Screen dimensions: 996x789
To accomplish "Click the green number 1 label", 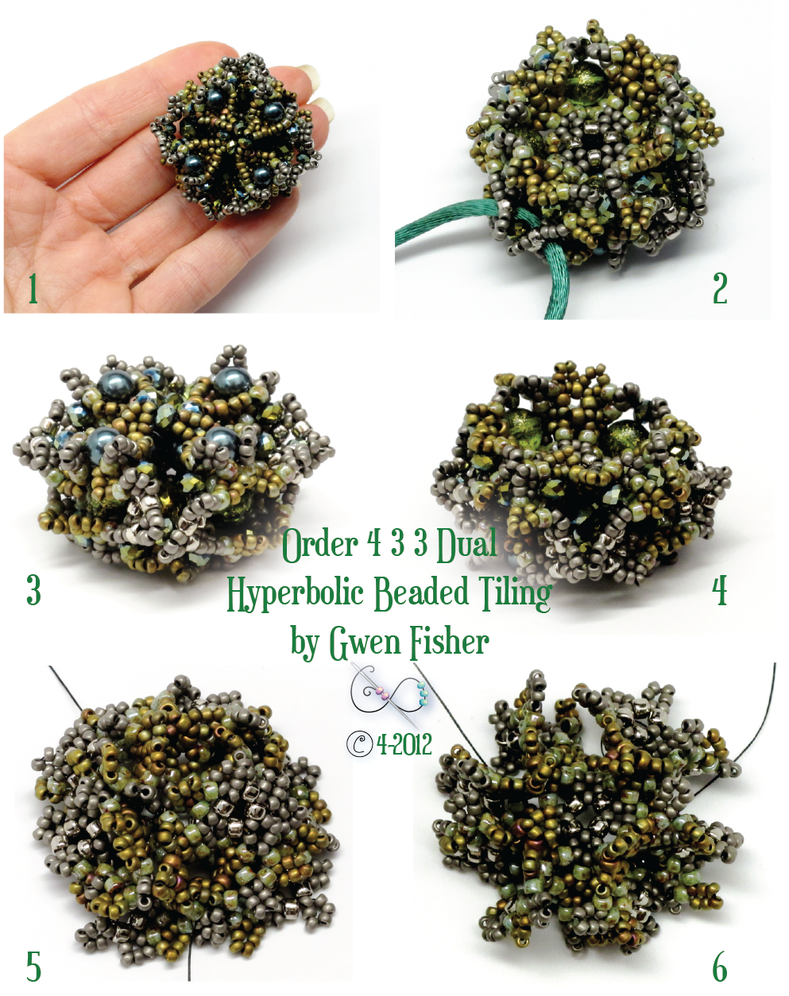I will tap(33, 288).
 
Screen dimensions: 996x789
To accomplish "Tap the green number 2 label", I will tap(720, 288).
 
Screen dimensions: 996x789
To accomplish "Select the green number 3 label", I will tap(33, 590).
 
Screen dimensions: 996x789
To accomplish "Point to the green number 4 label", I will tap(720, 590).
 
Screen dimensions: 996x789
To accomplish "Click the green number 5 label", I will tap(33, 967).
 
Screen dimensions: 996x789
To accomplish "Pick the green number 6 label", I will tap(720, 967).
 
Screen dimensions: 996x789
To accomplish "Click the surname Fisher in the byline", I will tap(449, 642).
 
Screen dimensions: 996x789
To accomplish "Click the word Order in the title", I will tap(319, 545).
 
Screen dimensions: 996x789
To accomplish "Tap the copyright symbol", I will tap(360, 744).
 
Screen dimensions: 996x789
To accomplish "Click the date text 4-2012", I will tap(404, 744).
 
